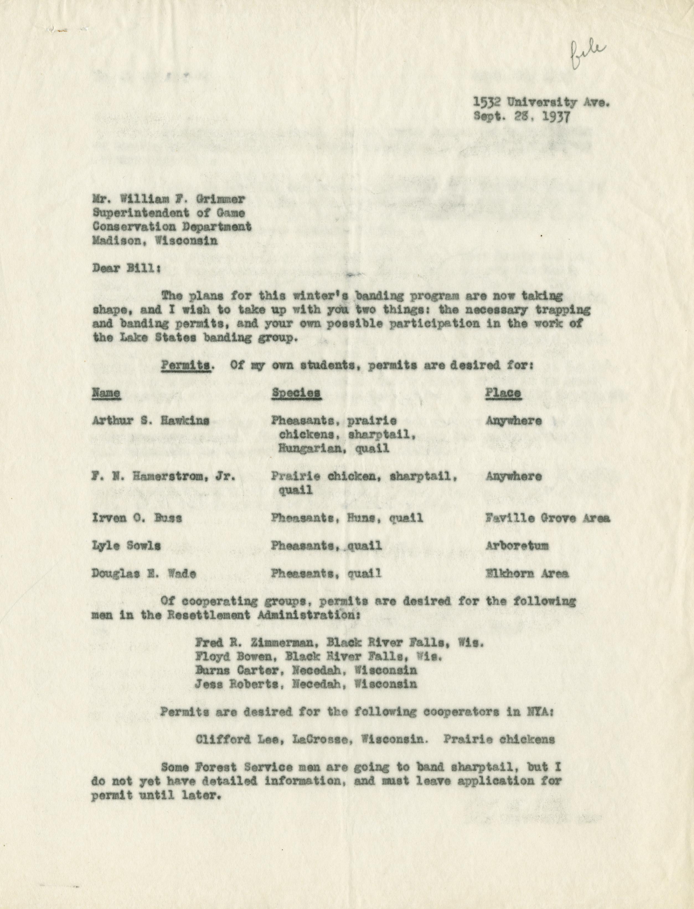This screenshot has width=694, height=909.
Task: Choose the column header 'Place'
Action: coord(503,393)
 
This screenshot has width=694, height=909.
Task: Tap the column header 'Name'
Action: coord(106,393)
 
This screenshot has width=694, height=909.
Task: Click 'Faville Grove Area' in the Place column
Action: coord(547,518)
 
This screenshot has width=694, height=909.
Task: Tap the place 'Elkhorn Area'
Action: coord(527,573)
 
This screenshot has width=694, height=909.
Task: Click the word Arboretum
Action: coord(517,546)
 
